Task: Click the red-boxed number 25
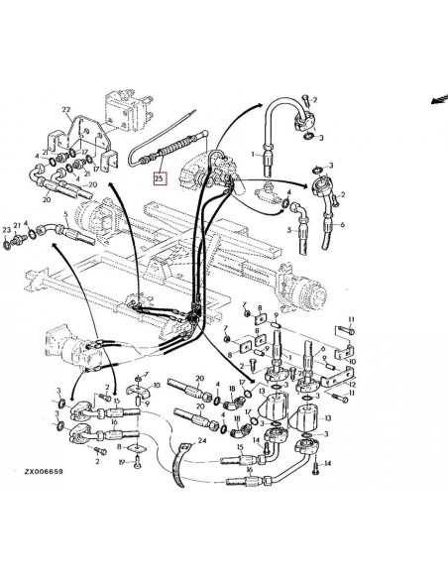(159, 179)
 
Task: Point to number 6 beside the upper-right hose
(343, 225)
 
